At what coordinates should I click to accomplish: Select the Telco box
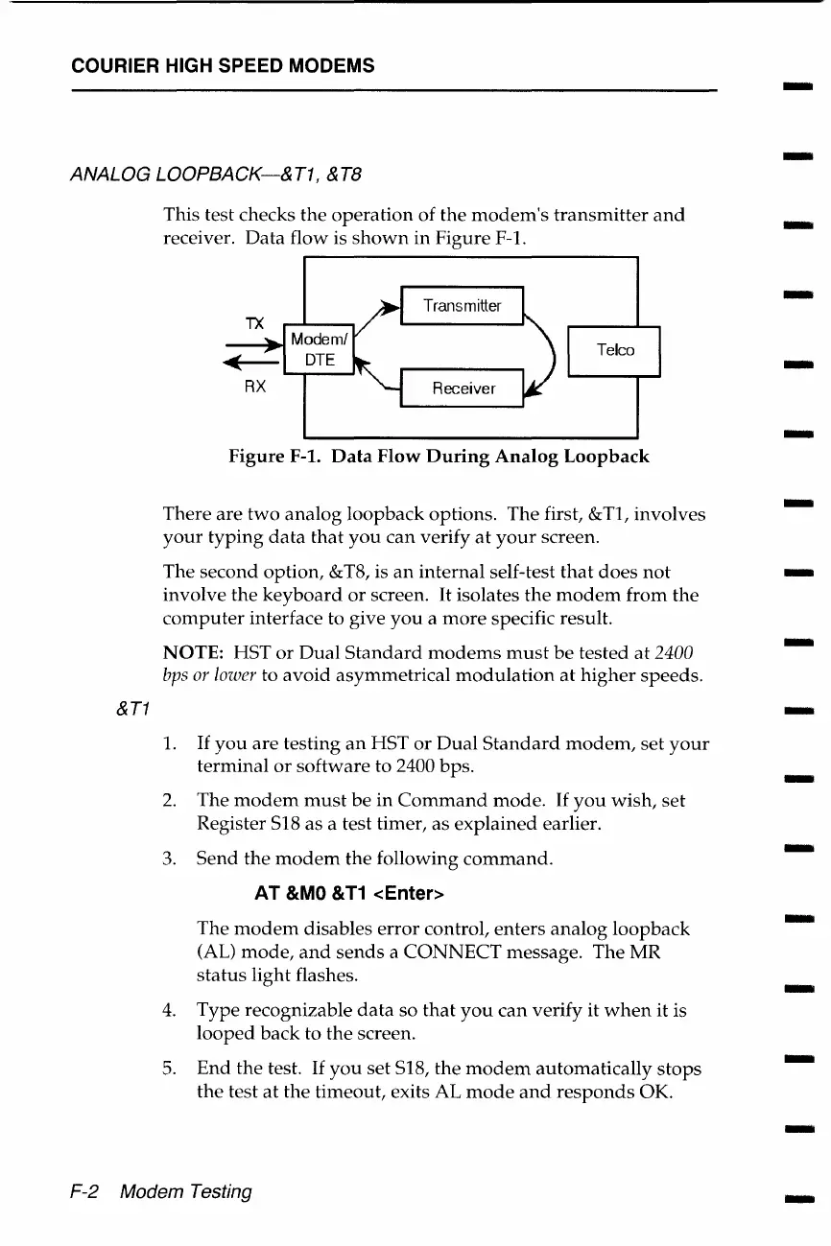click(614, 350)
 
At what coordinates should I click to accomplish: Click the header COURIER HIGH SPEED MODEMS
click(223, 66)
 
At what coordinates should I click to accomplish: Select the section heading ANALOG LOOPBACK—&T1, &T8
click(216, 176)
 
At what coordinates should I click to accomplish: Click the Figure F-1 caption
click(439, 457)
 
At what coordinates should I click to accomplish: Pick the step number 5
click(170, 1068)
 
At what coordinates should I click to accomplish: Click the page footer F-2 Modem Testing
click(161, 1191)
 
